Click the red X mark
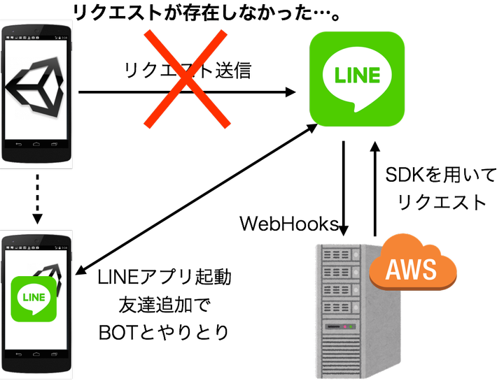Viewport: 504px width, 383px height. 187,79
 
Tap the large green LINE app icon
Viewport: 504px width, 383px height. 357,78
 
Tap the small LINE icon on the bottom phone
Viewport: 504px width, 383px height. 34,298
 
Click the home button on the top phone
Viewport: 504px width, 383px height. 36,145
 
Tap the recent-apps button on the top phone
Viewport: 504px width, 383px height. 56,145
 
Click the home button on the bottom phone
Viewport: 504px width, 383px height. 36,355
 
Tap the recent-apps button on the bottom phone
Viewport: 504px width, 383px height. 56,355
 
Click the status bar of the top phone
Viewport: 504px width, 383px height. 36,37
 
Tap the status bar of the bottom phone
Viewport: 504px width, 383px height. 36,247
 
